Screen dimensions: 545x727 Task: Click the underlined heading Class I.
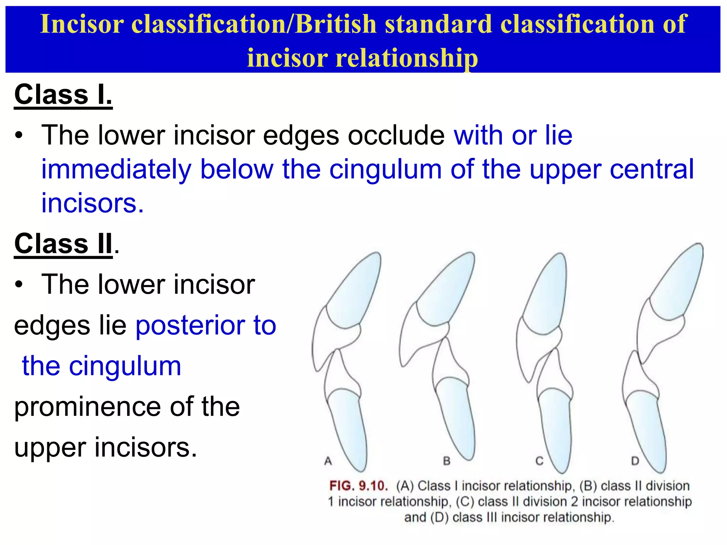pos(63,95)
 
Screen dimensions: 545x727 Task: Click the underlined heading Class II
pos(63,244)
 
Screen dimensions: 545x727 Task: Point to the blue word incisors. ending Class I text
pos(92,203)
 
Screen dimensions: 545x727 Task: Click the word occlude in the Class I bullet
pos(396,136)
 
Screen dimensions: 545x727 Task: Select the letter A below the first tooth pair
pos(328,461)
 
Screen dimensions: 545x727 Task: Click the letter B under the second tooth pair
pos(447,461)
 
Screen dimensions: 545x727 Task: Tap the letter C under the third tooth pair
pos(540,461)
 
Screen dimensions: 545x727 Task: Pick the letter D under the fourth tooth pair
pos(635,461)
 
